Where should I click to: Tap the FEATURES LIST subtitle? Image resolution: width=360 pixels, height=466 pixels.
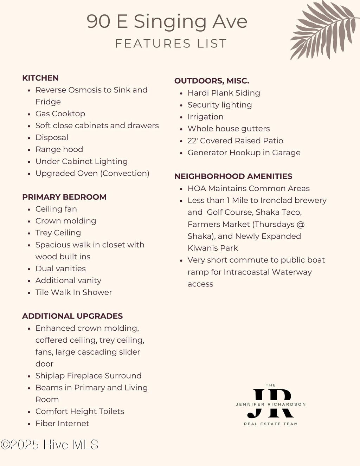point(171,44)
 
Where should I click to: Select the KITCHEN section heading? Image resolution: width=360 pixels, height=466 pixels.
point(40,78)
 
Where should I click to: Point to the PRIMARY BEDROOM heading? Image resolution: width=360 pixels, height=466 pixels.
point(64,197)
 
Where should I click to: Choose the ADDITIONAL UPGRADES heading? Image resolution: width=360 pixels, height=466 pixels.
point(72,316)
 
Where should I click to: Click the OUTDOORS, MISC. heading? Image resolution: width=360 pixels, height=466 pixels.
point(212,81)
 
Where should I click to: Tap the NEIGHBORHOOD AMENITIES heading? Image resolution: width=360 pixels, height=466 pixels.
point(233,176)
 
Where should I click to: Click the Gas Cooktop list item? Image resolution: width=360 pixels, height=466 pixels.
point(60,114)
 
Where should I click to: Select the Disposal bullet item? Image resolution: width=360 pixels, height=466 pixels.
point(52,137)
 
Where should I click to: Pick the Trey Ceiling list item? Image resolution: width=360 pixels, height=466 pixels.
point(58,233)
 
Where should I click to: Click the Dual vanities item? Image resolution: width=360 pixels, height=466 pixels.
point(60,268)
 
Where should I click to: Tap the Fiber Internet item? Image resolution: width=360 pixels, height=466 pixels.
point(62,423)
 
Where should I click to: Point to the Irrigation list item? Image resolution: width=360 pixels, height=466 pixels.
point(205,117)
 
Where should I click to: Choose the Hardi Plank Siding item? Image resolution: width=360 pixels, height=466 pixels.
point(224,93)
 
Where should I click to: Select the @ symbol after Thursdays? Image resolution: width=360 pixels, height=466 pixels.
point(301,224)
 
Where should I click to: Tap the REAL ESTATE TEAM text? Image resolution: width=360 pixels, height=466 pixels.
point(271,424)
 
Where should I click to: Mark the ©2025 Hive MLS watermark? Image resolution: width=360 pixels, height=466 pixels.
point(50,445)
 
